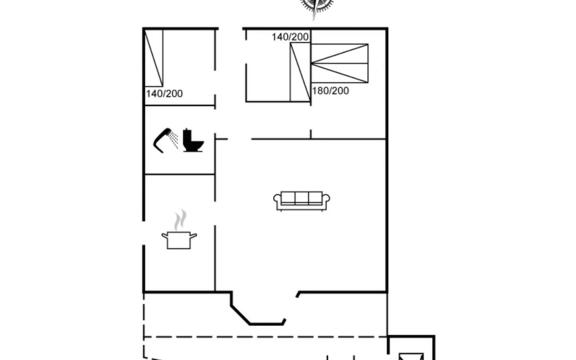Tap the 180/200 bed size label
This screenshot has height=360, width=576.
tap(330, 91)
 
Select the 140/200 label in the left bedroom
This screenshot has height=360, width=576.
tap(164, 94)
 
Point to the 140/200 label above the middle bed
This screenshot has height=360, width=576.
tap(290, 37)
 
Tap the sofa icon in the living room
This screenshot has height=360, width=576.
tap(301, 201)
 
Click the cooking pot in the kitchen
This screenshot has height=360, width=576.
tap(179, 240)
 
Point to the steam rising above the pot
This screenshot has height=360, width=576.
tap(180, 220)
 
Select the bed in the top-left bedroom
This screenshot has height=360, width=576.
tap(154, 58)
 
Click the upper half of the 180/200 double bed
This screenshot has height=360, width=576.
tap(339, 53)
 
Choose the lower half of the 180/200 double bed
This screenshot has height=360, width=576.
tap(339, 73)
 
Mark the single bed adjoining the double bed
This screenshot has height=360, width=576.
tap(300, 72)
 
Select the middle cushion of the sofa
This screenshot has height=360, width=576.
tap(301, 197)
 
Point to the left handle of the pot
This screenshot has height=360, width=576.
tap(165, 236)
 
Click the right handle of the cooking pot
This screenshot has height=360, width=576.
tap(193, 236)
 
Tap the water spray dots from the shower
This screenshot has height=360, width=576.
tap(173, 140)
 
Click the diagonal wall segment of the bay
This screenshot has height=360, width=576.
tap(240, 315)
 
